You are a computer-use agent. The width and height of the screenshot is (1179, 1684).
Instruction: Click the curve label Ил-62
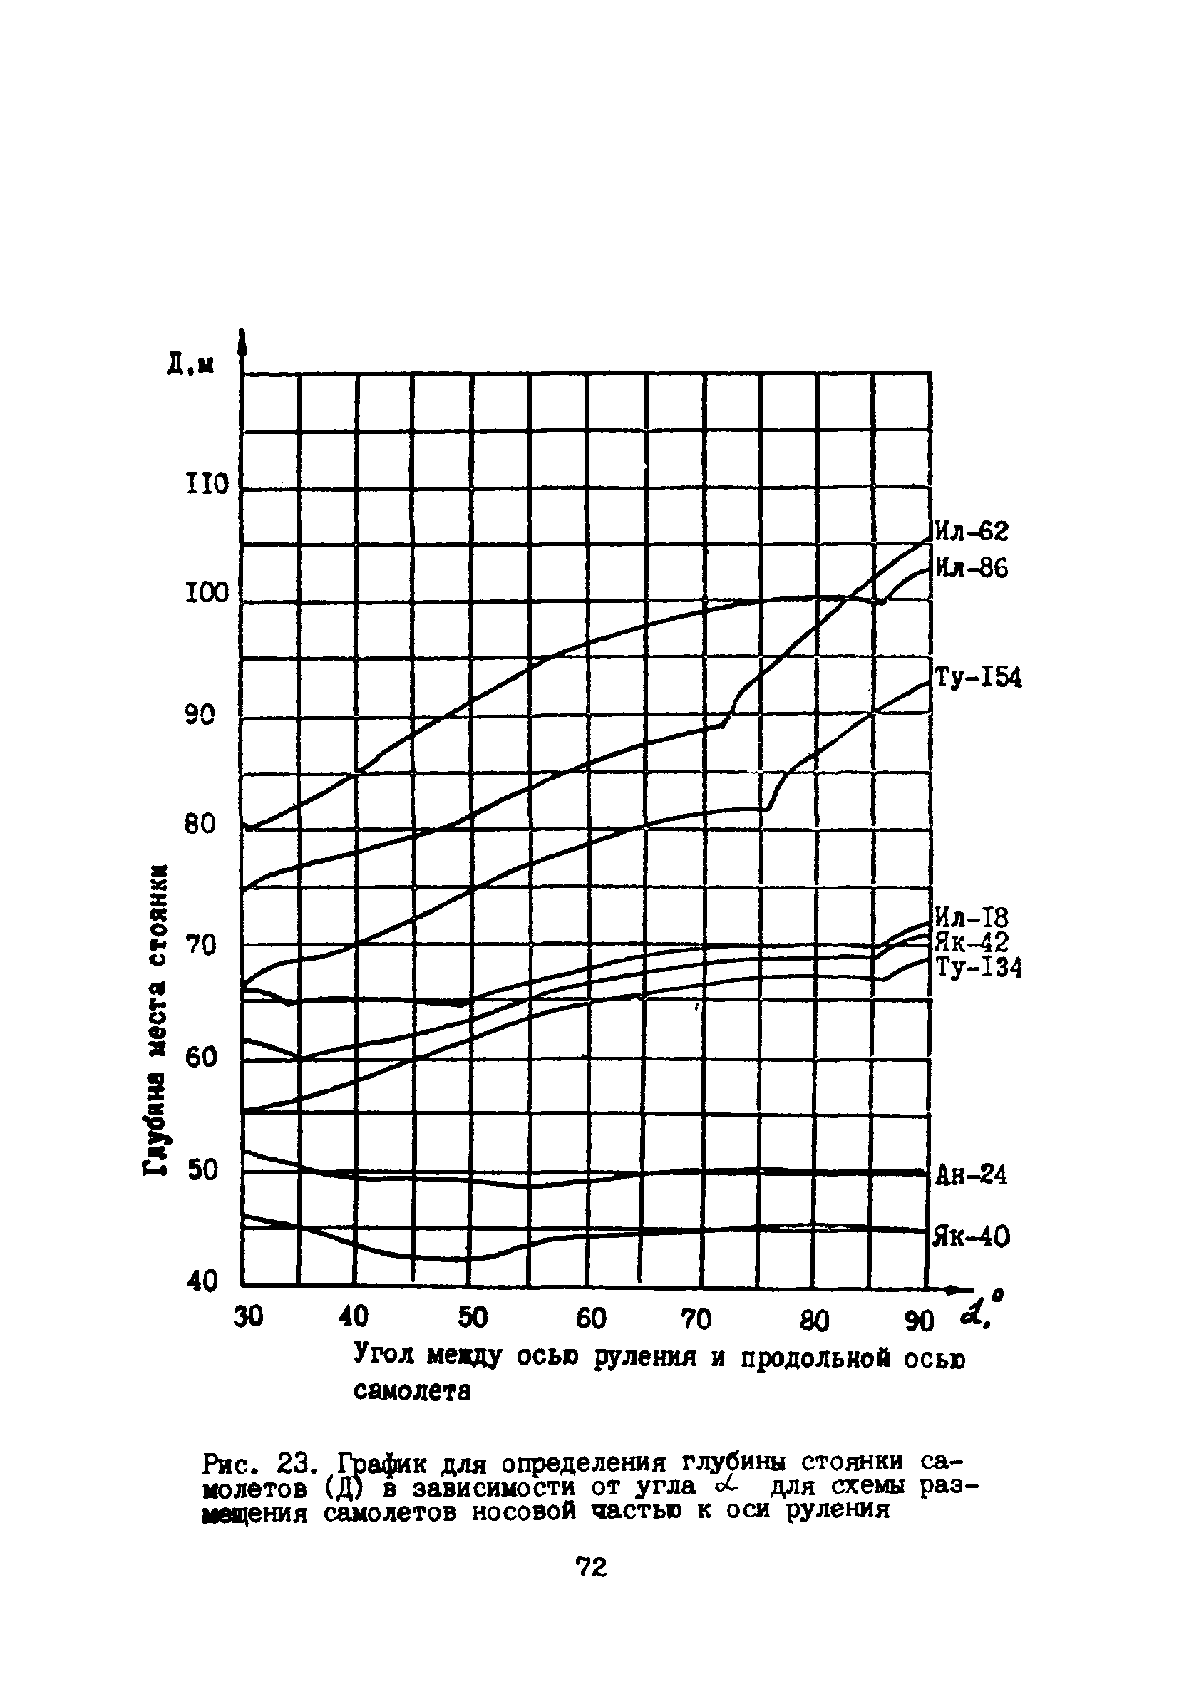click(972, 531)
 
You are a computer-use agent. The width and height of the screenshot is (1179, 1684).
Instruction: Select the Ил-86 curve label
click(972, 568)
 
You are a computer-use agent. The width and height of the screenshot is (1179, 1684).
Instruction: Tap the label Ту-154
click(978, 678)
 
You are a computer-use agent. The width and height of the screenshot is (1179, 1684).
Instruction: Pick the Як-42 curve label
click(972, 942)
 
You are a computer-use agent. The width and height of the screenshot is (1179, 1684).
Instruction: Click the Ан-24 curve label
click(972, 1176)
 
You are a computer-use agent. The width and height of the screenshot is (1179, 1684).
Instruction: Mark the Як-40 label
click(972, 1239)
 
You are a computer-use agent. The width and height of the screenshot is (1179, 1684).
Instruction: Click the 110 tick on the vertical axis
click(207, 485)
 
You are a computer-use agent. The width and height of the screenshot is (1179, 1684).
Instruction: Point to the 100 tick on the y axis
click(207, 594)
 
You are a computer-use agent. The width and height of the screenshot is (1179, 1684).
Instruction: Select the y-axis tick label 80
click(200, 824)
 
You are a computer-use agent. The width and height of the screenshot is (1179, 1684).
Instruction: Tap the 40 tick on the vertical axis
click(203, 1281)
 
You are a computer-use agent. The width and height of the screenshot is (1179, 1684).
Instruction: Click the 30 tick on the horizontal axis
click(248, 1318)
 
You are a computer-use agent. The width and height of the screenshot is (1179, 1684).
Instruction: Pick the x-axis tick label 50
click(473, 1318)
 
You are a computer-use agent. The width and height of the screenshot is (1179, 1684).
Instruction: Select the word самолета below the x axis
click(411, 1391)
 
